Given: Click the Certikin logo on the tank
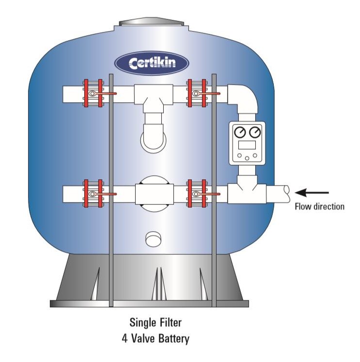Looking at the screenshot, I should tap(152, 63).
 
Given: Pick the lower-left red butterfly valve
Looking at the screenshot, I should tap(93, 194).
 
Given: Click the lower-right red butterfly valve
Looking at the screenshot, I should tap(196, 194).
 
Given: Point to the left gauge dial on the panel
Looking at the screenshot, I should tap(239, 132).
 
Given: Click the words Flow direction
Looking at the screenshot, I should tap(320, 206).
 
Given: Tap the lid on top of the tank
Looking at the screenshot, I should tap(152, 22).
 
